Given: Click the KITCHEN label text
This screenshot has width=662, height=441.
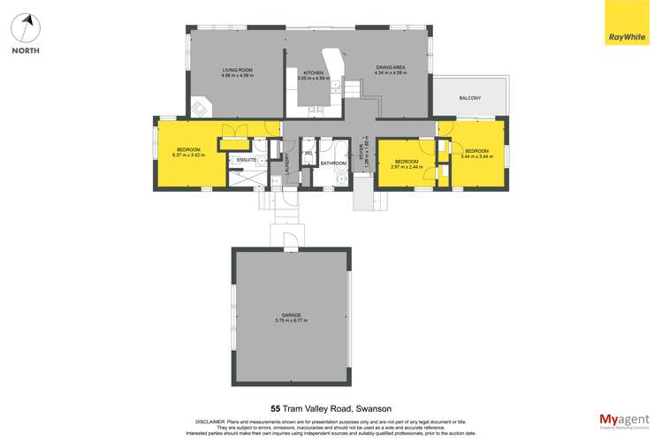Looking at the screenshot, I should (x=315, y=72).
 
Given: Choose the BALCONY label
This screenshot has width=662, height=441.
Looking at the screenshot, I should (x=469, y=97).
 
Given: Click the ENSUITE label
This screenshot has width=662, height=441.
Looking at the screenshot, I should (x=247, y=159).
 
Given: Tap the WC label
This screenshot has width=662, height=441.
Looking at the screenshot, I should (x=308, y=153).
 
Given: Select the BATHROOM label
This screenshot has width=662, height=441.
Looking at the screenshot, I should (x=333, y=163).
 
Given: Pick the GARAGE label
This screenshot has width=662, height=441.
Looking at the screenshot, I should (x=292, y=315).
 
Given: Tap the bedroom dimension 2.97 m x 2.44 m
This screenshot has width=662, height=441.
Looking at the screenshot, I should (x=407, y=166).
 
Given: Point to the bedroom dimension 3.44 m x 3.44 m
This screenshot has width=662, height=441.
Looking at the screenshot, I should (x=476, y=155).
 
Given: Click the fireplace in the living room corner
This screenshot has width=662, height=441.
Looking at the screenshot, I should (x=201, y=108).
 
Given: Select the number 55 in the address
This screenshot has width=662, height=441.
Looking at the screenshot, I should (x=276, y=408).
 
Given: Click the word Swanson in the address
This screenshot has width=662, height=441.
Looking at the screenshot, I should (x=374, y=408).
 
